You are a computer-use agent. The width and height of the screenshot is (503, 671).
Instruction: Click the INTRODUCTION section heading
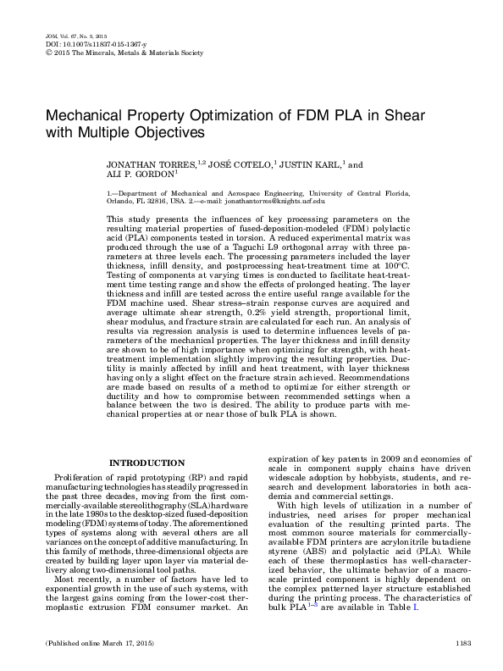[148, 463]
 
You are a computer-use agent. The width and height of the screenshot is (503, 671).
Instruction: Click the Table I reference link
[439, 609]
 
